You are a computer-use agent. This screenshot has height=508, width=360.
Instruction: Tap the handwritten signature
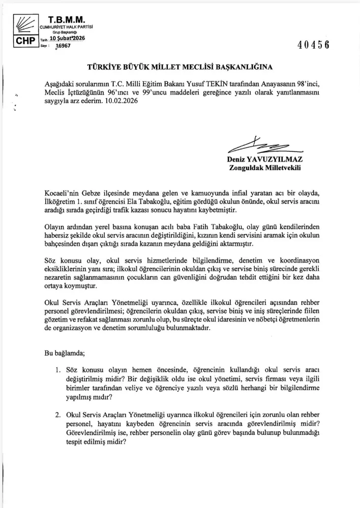pyautogui.click(x=266, y=146)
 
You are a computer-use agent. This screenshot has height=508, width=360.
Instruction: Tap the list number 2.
pyautogui.click(x=58, y=416)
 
